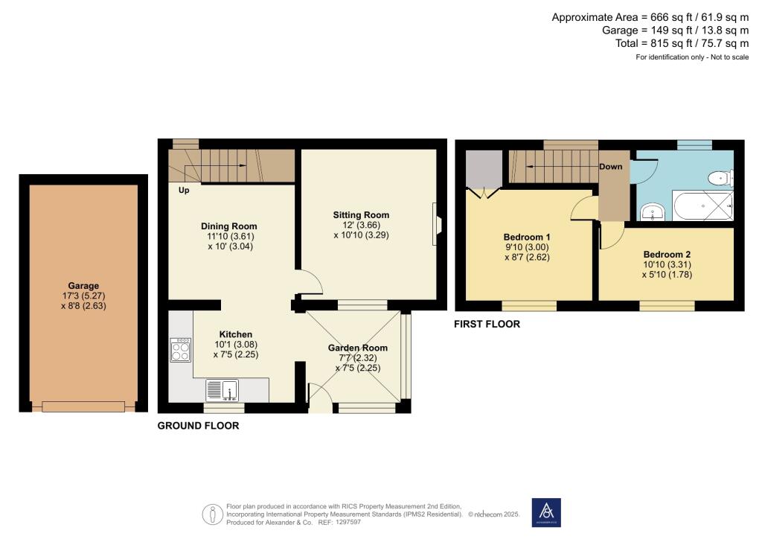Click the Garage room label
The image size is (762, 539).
pyautogui.click(x=83, y=286)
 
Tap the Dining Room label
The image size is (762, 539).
pyautogui.click(x=229, y=226)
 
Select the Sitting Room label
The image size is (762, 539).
pyautogui.click(x=361, y=215)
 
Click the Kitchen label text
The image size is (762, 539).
pyautogui.click(x=235, y=334)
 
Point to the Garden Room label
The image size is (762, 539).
pyautogui.click(x=358, y=348)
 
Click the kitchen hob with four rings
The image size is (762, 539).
pyautogui.click(x=181, y=350)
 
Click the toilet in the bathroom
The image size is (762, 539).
pyautogui.click(x=720, y=178)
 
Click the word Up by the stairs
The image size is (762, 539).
pyautogui.click(x=183, y=191)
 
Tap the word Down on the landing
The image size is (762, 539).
pyautogui.click(x=610, y=167)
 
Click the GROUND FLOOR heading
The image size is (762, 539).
pyautogui.click(x=198, y=427)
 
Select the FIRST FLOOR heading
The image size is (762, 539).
pyautogui.click(x=487, y=325)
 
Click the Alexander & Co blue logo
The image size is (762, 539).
pyautogui.click(x=547, y=512)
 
